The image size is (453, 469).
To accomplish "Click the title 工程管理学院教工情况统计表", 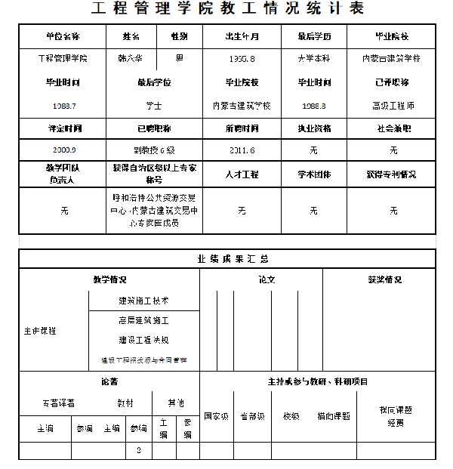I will coord(227,10).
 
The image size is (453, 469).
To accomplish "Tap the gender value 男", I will coord(179,58).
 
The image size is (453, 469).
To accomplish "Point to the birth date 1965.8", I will coord(242,58).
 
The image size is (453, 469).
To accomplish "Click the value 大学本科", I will coord(313,58).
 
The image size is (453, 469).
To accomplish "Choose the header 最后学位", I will coord(154,82).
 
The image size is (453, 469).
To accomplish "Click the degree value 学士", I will coord(154,106).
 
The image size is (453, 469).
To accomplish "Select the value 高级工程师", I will coord(393,106).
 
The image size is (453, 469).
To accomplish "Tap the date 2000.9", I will coord(64,150).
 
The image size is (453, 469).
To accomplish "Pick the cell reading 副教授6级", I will coord(154,150).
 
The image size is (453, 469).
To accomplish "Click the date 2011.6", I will coord(242,150).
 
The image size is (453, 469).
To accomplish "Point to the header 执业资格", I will coord(313,128).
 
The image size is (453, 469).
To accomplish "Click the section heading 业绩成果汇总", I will coord(227,258).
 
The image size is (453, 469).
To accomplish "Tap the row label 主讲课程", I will coord(39,331).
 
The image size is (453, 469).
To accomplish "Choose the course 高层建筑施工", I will coord(143,320).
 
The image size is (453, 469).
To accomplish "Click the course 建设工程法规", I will coord(143,340).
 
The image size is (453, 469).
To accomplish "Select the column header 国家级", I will coord(217,416).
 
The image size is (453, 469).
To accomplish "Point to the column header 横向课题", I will coord(333,416).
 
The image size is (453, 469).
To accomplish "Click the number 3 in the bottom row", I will coord(138,450).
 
